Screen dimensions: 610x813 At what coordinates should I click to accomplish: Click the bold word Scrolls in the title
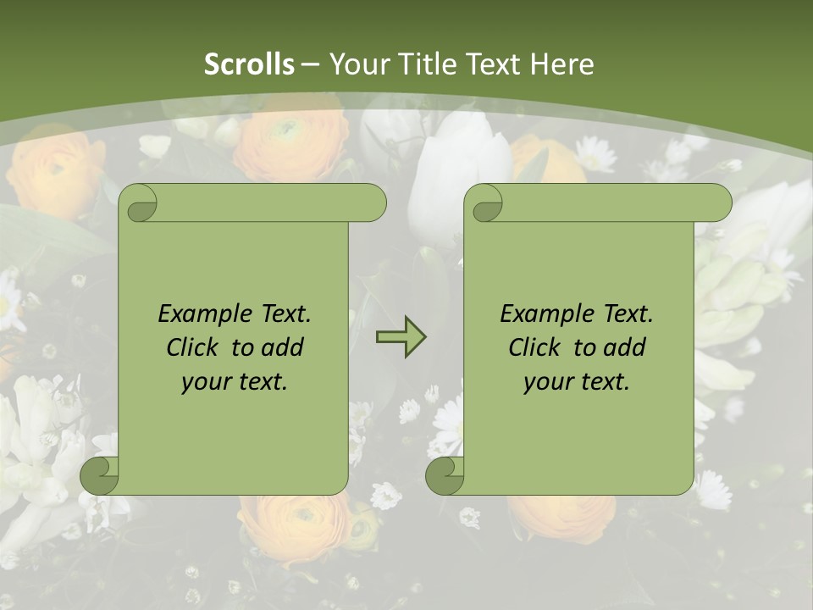[x=250, y=64]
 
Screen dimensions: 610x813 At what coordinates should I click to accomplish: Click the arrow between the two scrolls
[x=401, y=337]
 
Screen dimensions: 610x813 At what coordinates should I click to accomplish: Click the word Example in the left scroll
[x=201, y=313]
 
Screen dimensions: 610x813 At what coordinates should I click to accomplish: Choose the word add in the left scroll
[x=284, y=347]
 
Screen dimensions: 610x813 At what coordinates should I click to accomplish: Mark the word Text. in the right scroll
[x=627, y=313]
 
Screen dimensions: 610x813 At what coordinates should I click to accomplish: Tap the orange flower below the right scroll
[x=559, y=517]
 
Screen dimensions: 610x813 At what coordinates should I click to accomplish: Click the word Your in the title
[x=357, y=64]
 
